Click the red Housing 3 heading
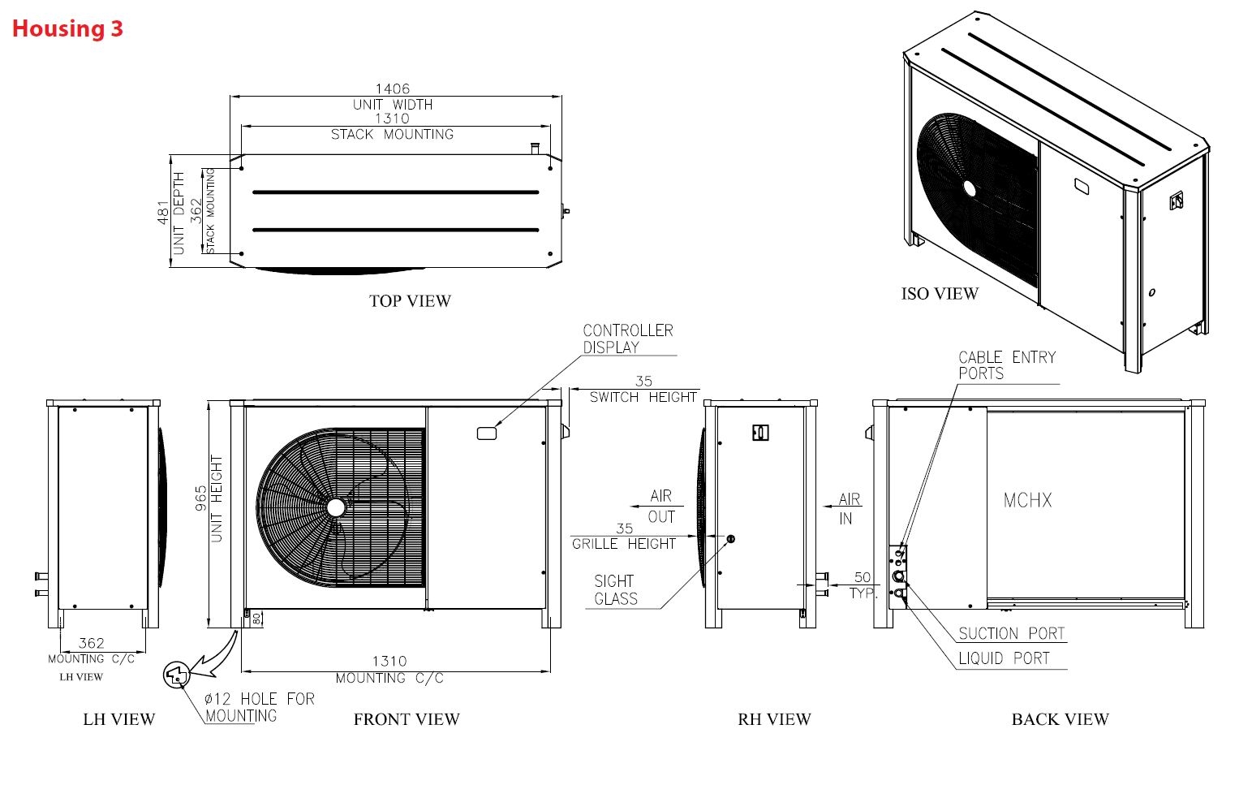point(67,28)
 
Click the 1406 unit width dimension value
point(392,88)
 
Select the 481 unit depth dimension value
point(163,212)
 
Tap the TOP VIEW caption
point(410,301)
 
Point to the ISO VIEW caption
point(940,294)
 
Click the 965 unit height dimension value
point(200,498)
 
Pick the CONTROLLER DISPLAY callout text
point(627,339)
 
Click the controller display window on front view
point(487,434)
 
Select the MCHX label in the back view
point(1027,500)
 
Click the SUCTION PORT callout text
point(1011,633)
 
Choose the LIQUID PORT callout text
point(1004,658)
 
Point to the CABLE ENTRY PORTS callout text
point(1006,365)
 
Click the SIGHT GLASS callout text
point(615,590)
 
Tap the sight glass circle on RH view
point(730,538)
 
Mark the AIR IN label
point(849,508)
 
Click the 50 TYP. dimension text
point(863,584)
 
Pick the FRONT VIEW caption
point(407,719)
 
